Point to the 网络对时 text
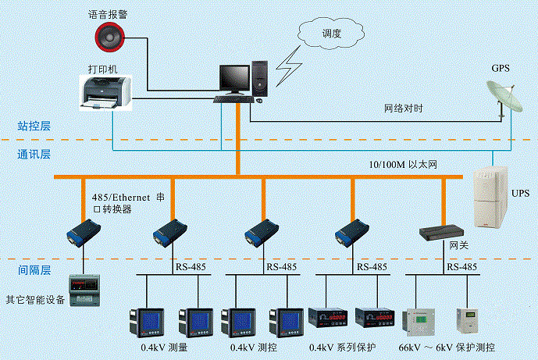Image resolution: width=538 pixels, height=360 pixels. [404, 109]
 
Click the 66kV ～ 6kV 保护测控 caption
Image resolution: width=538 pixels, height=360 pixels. [447, 347]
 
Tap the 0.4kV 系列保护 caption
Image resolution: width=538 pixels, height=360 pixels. [344, 347]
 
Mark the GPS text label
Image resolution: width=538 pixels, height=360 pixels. [501, 68]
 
